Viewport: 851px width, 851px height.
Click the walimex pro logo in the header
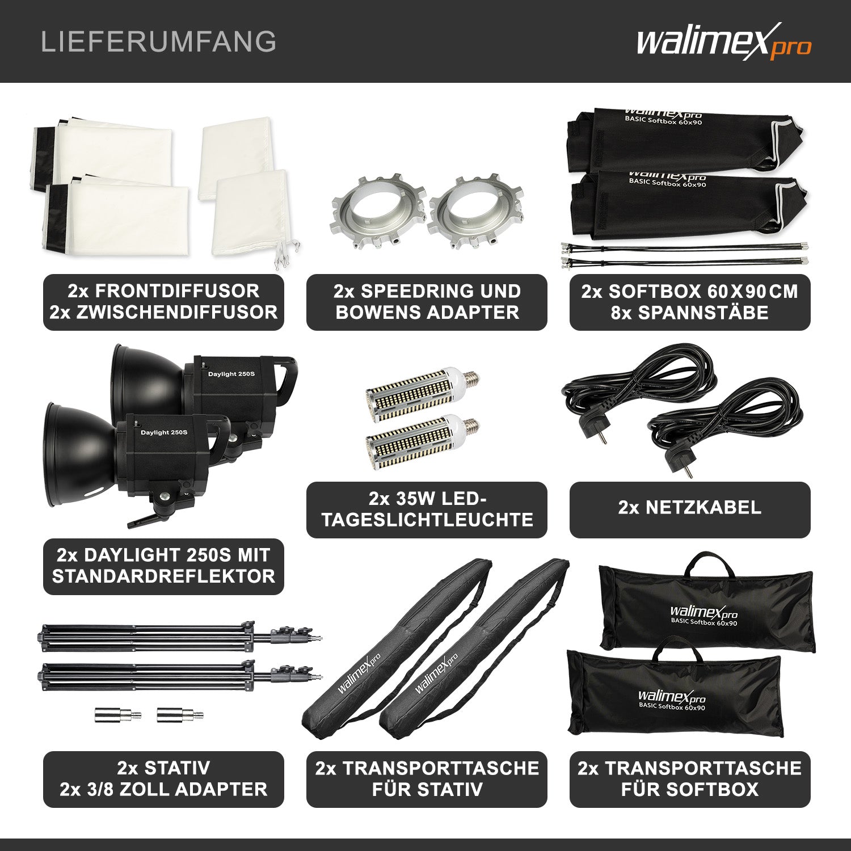[x=723, y=42]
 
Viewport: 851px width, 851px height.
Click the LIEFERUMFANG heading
[x=159, y=42]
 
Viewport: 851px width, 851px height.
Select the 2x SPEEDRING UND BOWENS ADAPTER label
[x=427, y=302]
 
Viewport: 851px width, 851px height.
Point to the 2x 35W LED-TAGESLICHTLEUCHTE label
[x=427, y=509]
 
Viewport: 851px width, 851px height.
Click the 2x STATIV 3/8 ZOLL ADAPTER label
[x=163, y=778]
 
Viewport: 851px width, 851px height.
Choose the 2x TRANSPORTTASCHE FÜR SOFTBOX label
[x=690, y=778]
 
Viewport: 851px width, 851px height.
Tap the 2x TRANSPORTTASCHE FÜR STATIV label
[x=427, y=778]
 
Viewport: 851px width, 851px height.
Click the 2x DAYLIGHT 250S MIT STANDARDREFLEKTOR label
[x=163, y=566]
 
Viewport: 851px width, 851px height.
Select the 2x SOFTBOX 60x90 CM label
[x=690, y=302]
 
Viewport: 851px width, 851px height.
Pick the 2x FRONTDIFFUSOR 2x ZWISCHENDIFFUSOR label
[x=163, y=302]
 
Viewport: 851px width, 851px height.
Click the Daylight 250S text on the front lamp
[x=164, y=432]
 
